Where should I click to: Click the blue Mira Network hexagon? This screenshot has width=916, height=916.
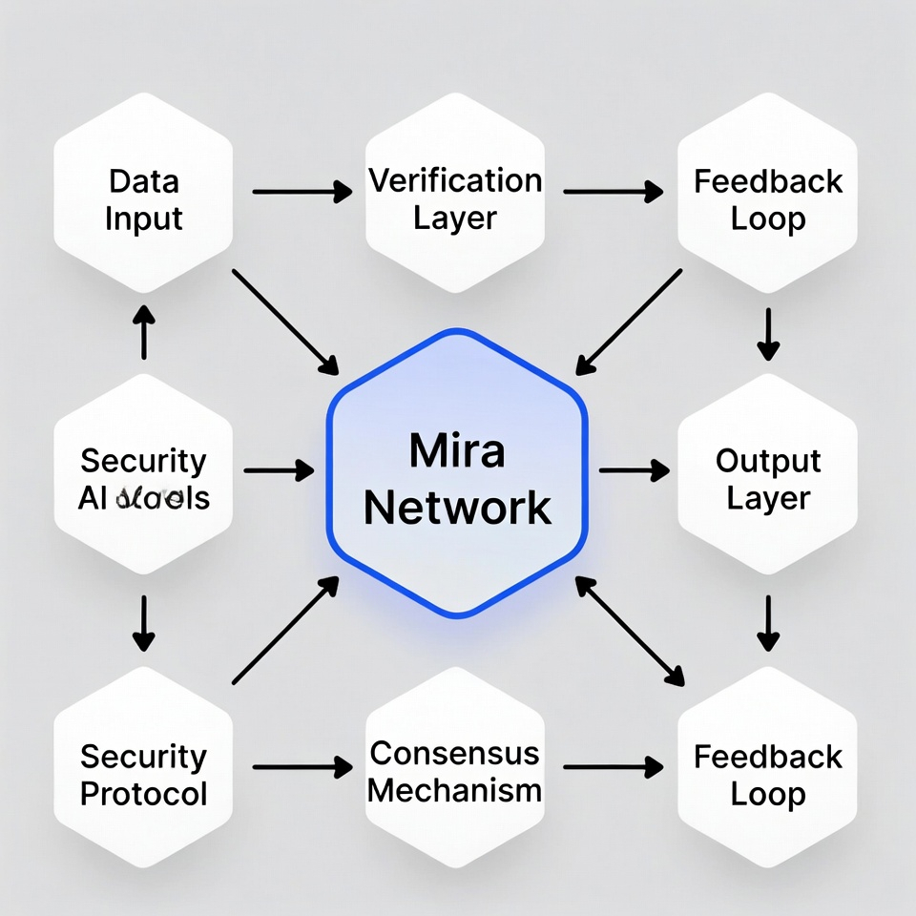pos(458,563)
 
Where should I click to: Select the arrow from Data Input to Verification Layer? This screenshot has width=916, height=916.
pos(302,192)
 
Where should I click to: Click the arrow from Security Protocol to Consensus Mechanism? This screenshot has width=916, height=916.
pos(302,765)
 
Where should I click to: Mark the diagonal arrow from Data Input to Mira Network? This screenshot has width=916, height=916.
pos(285,322)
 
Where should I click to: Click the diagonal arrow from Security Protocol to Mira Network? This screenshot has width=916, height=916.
pos(285,631)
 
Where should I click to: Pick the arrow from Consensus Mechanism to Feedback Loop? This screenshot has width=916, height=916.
pos(613,765)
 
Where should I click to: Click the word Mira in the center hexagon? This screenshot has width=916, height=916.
pos(457,450)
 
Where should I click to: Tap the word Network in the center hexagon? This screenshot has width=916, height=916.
pos(458,507)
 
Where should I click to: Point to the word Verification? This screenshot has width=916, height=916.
pos(455,180)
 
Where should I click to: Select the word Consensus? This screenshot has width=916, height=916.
pos(454,753)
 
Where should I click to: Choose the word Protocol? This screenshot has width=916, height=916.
pos(143,794)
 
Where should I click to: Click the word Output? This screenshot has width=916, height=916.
pos(768,461)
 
